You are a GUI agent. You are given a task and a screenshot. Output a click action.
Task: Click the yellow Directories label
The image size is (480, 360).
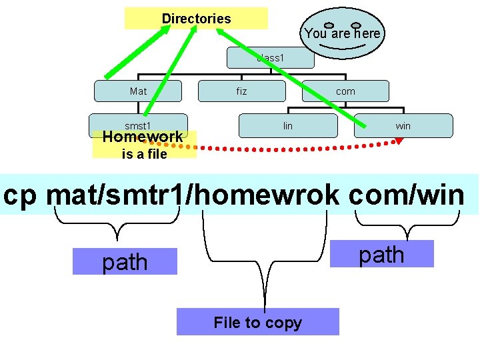[x=196, y=19]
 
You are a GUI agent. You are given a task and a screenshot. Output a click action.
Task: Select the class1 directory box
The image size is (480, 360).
[x=270, y=59]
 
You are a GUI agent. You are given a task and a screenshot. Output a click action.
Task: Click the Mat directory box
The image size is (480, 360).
[x=138, y=91]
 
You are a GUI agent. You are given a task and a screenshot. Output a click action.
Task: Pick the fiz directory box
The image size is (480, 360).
[x=241, y=91]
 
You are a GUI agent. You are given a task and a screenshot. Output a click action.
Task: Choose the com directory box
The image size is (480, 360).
[x=345, y=91]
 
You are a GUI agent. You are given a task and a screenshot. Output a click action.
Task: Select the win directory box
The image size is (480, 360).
[x=403, y=125]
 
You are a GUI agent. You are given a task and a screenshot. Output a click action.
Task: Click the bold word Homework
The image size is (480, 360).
[x=142, y=137]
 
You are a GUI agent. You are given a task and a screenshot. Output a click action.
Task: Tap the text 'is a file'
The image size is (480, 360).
[x=144, y=155]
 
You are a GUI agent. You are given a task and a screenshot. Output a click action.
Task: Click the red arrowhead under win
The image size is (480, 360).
[x=399, y=140]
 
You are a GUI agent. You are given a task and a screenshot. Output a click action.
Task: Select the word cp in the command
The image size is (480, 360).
[x=23, y=195]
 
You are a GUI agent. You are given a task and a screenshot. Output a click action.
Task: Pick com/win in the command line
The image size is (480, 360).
[x=407, y=195]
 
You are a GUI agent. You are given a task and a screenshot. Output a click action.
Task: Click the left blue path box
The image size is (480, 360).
[x=125, y=262]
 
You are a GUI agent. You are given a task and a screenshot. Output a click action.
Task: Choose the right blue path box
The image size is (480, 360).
[x=381, y=254]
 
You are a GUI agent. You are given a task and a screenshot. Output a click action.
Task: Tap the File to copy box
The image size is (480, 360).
[x=257, y=323]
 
